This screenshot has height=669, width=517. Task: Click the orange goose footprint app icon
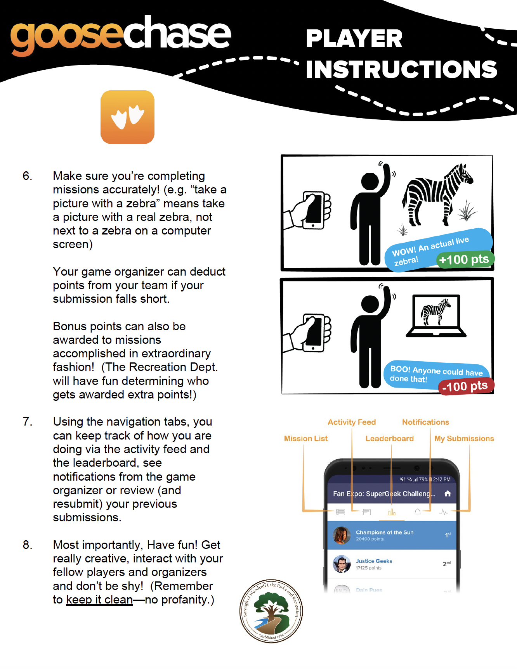tap(127, 117)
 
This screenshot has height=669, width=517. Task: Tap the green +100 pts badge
tap(464, 259)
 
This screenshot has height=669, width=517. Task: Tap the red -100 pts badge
tap(465, 386)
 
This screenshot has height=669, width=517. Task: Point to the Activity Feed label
tap(352, 422)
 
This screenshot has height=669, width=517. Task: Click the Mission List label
tap(306, 438)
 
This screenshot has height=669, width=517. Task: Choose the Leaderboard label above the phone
tap(389, 438)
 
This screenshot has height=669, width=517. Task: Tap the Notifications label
tap(425, 422)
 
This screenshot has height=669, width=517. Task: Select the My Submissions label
tap(464, 438)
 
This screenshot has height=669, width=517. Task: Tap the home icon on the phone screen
tap(448, 493)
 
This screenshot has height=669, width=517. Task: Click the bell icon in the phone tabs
tap(418, 512)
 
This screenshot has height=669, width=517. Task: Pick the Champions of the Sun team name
tap(385, 532)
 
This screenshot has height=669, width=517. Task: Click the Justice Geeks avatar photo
tap(342, 564)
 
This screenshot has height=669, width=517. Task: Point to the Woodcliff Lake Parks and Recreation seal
tap(271, 611)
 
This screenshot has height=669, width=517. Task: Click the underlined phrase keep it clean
tap(99, 600)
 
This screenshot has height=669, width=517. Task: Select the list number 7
tap(27, 422)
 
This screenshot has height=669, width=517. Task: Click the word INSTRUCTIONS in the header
tap(401, 69)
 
